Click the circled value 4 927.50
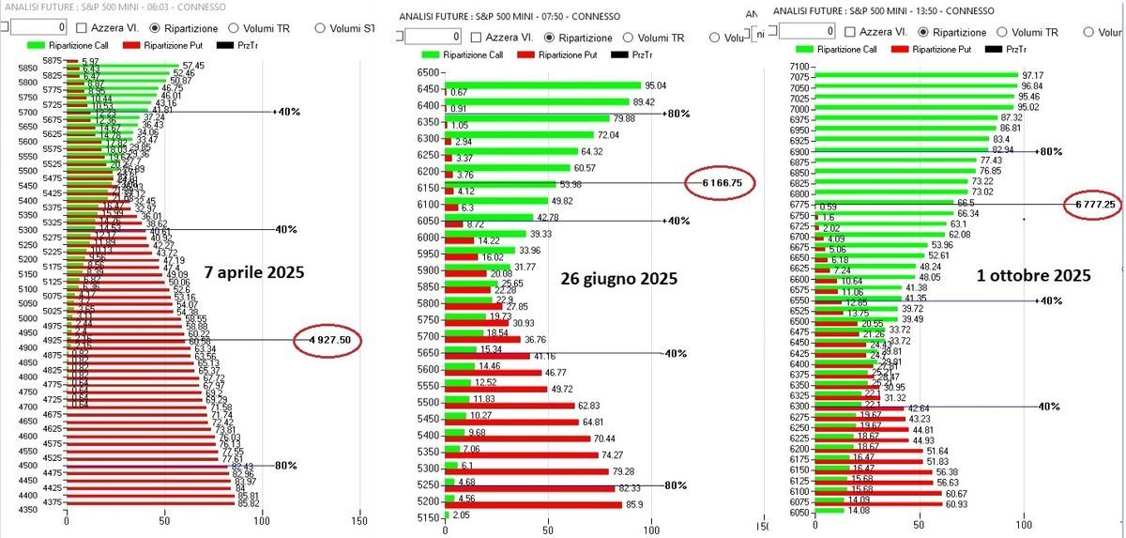(x=328, y=341)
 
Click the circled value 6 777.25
(x=1093, y=203)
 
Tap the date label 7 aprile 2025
(x=254, y=273)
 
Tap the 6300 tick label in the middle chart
(x=428, y=136)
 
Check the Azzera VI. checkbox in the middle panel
(x=477, y=37)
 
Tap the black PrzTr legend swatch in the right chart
(x=994, y=49)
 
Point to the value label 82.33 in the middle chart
(x=629, y=489)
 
